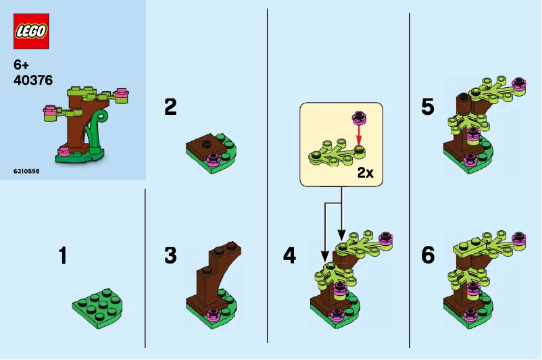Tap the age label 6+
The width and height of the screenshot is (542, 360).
[22, 66]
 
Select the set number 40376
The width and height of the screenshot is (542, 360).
[32, 80]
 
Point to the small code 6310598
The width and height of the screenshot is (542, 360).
[26, 172]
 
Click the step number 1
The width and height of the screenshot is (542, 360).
[63, 256]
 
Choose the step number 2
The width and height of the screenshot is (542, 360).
[170, 107]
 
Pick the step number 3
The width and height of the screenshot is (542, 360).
[170, 256]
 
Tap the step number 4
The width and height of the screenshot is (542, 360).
[289, 256]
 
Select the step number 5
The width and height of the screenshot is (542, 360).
[427, 107]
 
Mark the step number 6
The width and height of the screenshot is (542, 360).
[427, 256]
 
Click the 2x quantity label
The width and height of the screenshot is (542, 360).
[365, 173]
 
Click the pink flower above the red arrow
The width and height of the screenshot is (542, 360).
[359, 119]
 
